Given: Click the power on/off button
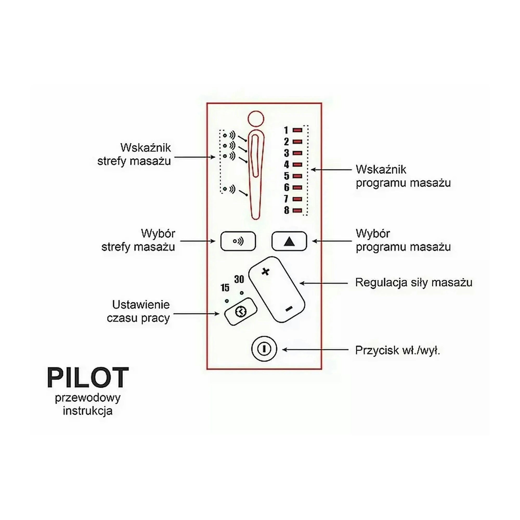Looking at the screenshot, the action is tap(264, 349).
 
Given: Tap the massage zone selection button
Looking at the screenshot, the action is tap(238, 241).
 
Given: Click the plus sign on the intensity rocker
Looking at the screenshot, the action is tap(266, 272).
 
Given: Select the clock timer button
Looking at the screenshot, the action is tap(240, 312).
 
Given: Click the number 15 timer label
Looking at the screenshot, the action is tap(225, 288).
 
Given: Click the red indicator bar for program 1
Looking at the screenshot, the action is tap(297, 130).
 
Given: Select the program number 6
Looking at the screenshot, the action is tap(287, 187).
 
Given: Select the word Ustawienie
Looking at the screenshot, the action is tap(141, 305).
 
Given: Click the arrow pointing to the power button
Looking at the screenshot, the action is tap(315, 350).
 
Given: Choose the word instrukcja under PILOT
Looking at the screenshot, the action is tap(88, 411).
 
